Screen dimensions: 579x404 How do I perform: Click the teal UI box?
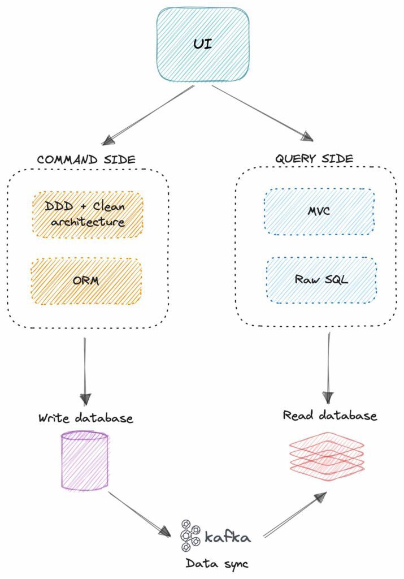pos(203,44)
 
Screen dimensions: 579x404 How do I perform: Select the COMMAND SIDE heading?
pos(86,160)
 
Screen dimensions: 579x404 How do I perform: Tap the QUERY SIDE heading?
pos(314,159)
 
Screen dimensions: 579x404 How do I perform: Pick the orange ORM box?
pos(86,280)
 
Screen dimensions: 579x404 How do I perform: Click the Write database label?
pos(86,418)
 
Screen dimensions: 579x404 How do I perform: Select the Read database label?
pos(329,416)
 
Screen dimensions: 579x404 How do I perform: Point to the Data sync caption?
pos(217,563)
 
